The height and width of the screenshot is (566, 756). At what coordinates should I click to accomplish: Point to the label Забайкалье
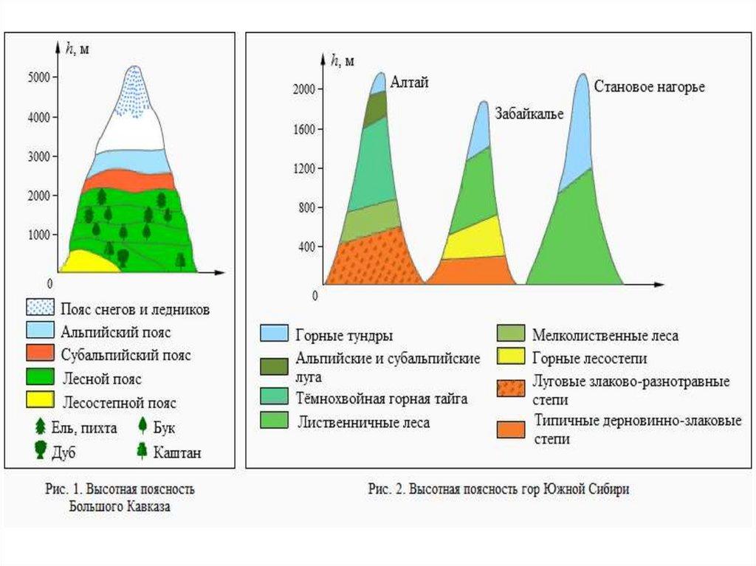[529, 114]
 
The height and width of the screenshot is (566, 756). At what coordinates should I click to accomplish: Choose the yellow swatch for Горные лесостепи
[510, 358]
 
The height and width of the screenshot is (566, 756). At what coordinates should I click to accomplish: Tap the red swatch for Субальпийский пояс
[39, 354]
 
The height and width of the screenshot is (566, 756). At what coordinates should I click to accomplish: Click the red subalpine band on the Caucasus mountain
[129, 179]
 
